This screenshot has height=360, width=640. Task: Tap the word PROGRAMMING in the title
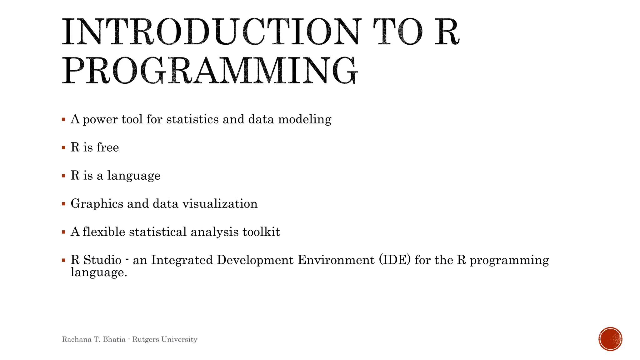(x=209, y=71)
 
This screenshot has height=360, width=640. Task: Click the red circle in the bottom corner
(x=610, y=339)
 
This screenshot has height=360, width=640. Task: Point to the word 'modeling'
(x=305, y=120)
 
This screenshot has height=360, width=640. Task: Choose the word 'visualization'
(x=220, y=204)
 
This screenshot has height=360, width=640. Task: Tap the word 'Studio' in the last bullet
(x=102, y=260)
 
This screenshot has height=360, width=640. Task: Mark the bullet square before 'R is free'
(x=64, y=148)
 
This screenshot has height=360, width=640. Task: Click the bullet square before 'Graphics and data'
(x=64, y=204)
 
